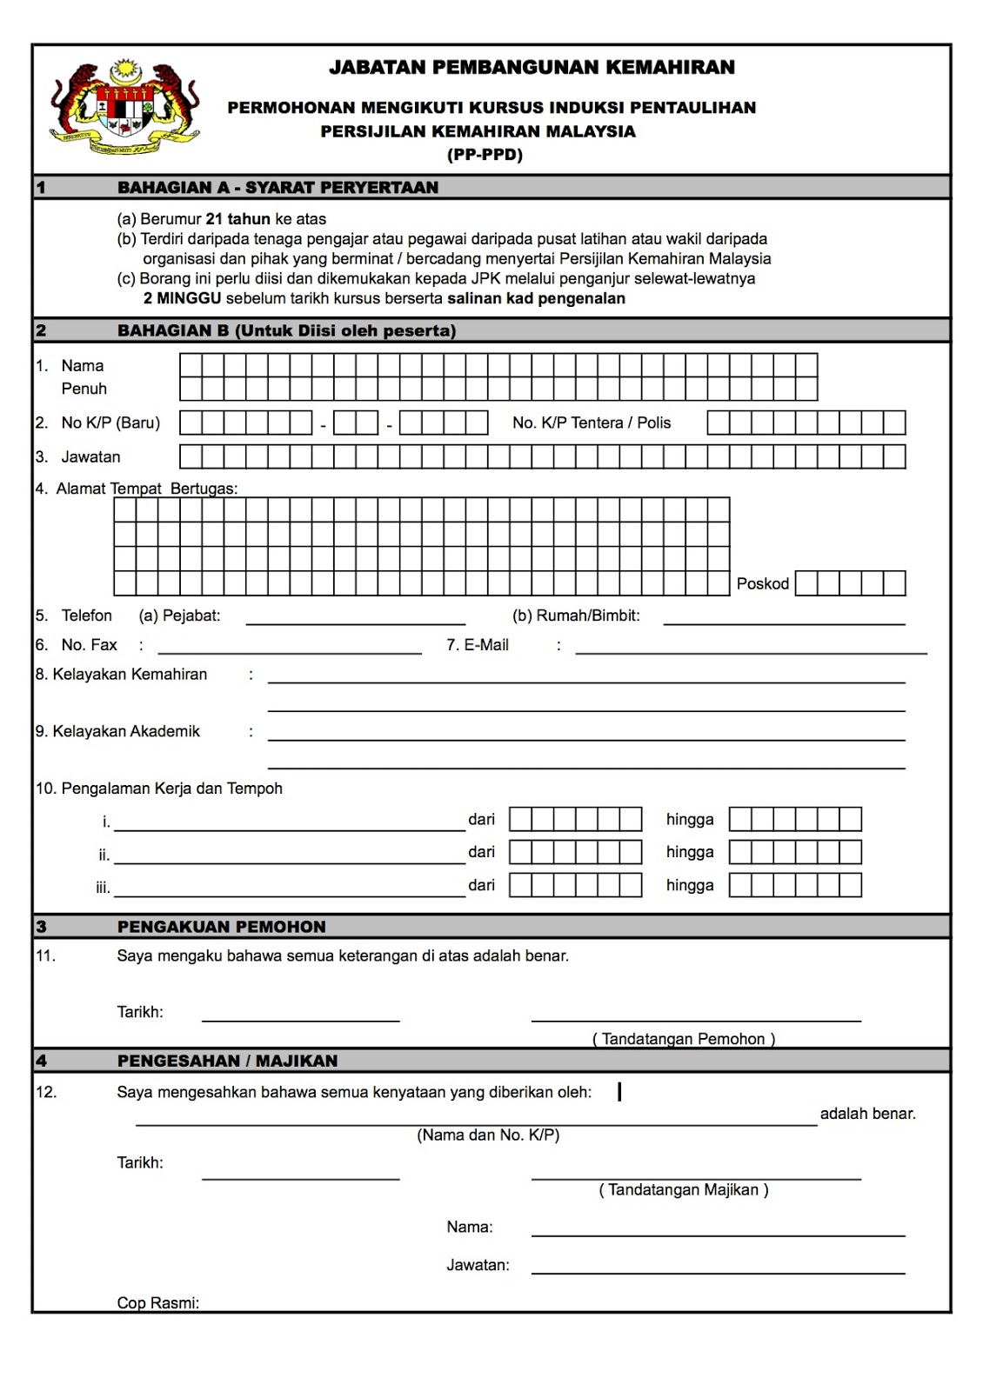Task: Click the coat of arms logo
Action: [124, 108]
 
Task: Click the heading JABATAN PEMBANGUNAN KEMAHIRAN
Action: [532, 68]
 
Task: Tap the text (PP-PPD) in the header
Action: [485, 156]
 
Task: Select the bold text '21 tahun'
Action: [237, 219]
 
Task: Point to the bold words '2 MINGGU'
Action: [183, 298]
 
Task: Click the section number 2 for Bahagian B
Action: [41, 330]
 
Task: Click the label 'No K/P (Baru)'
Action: [110, 423]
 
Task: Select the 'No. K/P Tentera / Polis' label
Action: [592, 423]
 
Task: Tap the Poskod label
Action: [762, 583]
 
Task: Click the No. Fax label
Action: [89, 644]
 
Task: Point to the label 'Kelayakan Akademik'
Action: [125, 731]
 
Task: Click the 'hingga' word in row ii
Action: [689, 852]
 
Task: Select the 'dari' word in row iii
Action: [481, 885]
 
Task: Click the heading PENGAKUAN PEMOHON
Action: [221, 927]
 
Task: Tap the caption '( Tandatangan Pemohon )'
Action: [684, 1038]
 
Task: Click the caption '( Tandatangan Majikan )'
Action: [683, 1189]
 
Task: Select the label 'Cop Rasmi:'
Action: [157, 1302]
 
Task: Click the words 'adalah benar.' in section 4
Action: [867, 1114]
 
